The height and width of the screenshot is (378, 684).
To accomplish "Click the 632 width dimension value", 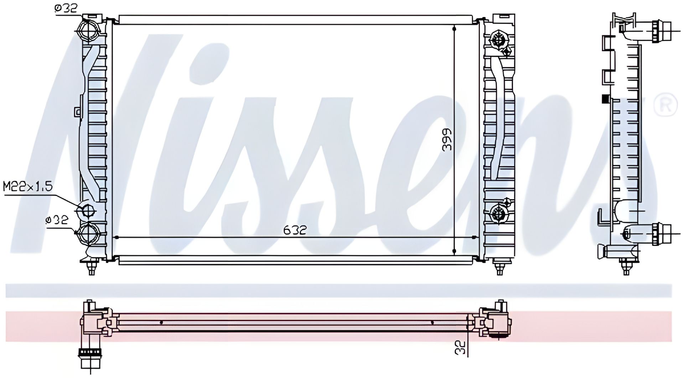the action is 295,230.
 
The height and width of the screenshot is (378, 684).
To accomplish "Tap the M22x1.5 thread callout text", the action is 28,186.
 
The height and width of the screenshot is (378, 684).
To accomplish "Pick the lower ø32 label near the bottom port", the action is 57,220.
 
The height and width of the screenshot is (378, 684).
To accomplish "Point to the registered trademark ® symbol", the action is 665,104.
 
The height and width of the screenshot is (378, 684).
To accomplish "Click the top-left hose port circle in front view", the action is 87,31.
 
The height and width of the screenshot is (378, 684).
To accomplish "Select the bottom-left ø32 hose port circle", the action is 87,233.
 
